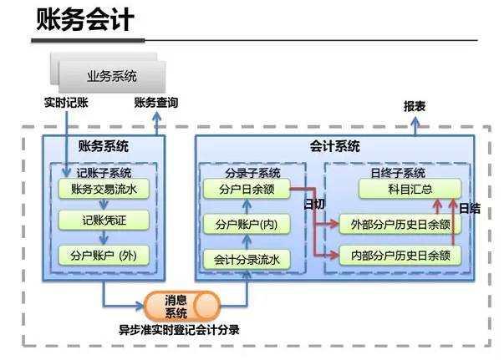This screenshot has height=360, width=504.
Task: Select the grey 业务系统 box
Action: (112, 77)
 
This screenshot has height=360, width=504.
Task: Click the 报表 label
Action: (415, 107)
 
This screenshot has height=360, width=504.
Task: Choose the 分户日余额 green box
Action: (246, 190)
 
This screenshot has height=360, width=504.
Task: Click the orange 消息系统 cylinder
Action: (176, 307)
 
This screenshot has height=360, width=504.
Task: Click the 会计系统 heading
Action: (341, 145)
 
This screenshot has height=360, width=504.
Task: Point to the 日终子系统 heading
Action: (398, 172)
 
